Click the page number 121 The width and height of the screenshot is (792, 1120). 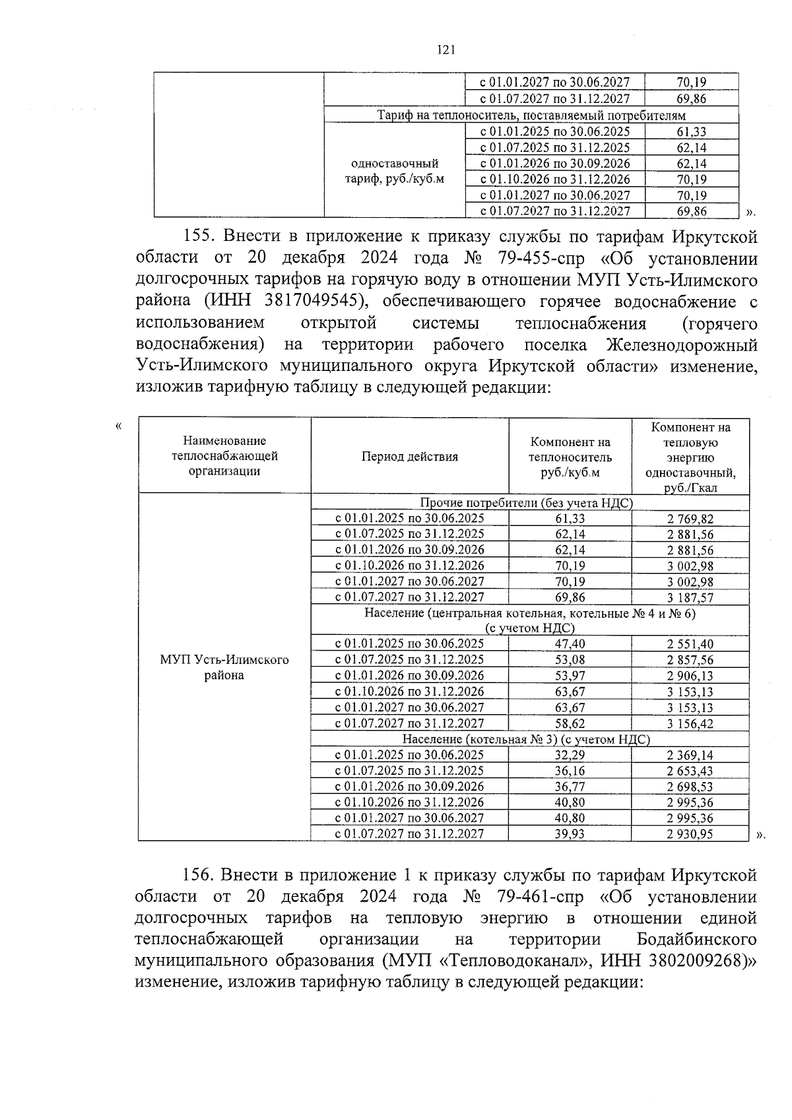446,50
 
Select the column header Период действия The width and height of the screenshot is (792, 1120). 409,457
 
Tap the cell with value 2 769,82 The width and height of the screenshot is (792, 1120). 690,519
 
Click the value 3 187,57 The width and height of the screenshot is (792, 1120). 690,598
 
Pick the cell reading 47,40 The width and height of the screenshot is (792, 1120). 570,644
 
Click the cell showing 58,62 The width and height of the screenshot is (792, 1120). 570,724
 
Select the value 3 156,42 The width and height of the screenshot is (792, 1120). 690,724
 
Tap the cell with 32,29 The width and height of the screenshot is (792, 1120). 570,755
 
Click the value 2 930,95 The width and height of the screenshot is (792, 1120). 690,834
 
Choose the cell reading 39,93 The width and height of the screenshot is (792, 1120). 570,834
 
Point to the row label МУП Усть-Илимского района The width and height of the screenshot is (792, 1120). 224,667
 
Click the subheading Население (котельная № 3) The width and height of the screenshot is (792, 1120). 525,740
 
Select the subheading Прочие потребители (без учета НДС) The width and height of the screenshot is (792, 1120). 525,503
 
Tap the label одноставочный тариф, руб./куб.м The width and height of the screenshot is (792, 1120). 395,171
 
